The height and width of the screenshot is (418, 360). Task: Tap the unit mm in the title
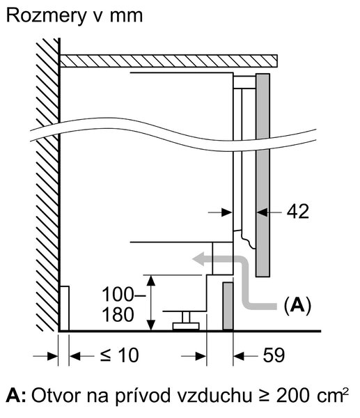(x=126, y=17)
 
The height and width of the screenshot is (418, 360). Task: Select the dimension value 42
(x=297, y=212)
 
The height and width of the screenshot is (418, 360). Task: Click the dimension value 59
(x=274, y=355)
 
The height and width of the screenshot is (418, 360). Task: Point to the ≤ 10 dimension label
(x=120, y=355)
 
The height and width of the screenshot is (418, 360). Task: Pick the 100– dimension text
(x=124, y=295)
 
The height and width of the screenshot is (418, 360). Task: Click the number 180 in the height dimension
(x=118, y=315)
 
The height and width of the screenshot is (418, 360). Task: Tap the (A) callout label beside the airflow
(x=297, y=305)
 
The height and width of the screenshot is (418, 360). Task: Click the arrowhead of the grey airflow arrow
(x=198, y=260)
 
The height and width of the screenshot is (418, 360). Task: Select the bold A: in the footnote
(x=16, y=395)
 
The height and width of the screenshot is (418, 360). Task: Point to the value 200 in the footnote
(x=293, y=395)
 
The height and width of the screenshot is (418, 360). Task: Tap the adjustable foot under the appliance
(x=186, y=321)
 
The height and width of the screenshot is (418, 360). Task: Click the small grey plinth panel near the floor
(x=228, y=306)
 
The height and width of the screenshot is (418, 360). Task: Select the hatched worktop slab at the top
(x=169, y=61)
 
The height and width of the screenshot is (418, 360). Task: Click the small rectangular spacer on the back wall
(x=64, y=309)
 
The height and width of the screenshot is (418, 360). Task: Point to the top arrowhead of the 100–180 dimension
(x=151, y=281)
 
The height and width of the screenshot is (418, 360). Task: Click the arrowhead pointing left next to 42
(x=262, y=212)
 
